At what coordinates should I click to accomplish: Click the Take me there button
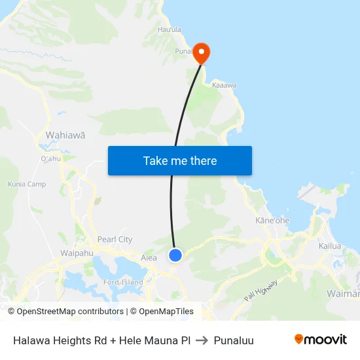(x=180, y=160)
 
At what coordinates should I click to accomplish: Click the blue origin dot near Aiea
(x=175, y=255)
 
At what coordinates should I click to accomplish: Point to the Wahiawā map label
(x=65, y=135)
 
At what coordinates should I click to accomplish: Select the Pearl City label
(x=115, y=240)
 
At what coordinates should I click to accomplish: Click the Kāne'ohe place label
(x=272, y=221)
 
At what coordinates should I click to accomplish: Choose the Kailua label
(x=330, y=246)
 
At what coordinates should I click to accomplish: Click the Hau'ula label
(x=170, y=29)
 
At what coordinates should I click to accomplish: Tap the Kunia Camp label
(x=27, y=185)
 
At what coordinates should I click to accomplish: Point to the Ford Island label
(x=123, y=283)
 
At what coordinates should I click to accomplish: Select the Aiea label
(x=149, y=258)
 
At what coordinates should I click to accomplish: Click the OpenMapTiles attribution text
(x=162, y=312)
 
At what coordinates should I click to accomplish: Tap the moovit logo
(x=321, y=339)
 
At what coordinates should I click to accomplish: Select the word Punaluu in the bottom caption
(x=234, y=340)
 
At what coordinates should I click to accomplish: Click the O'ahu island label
(x=50, y=158)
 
